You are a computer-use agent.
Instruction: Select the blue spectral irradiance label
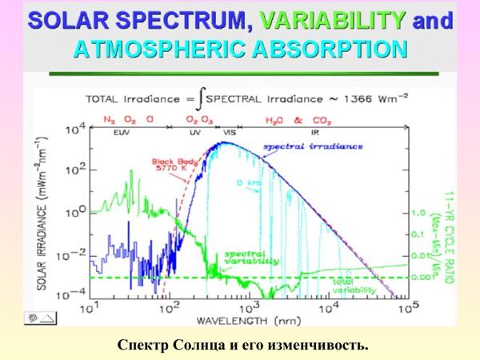pos(324,148)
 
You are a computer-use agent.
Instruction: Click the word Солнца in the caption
pos(198,345)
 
